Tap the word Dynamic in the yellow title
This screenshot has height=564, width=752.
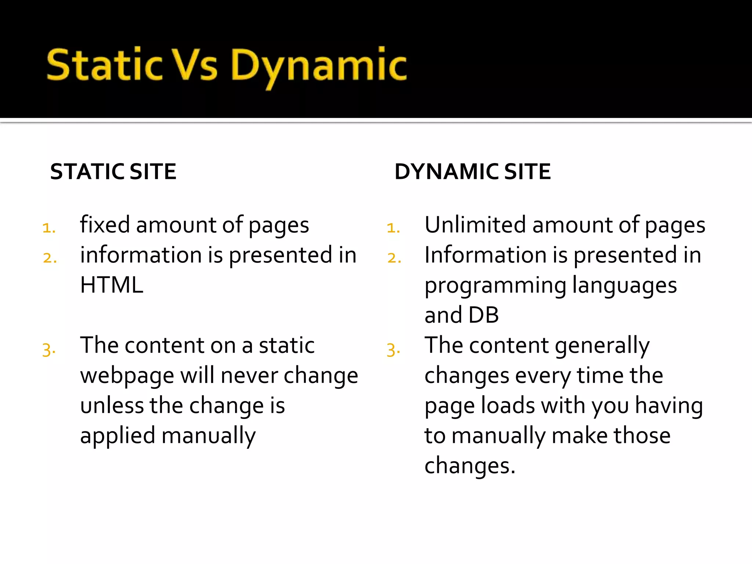pos(319,66)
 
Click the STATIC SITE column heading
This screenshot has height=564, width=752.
pos(113,171)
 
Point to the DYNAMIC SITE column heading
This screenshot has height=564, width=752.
pos(473,171)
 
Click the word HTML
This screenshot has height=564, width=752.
pos(112,285)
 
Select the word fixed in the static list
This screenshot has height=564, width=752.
pos(105,225)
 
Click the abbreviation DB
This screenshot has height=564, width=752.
pos(484,315)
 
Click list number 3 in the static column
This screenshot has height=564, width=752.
pos(49,349)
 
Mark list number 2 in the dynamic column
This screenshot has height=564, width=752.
pos(394,258)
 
